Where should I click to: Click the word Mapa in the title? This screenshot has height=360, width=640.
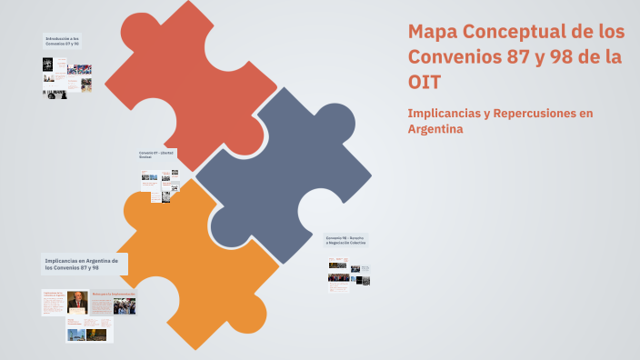pos(432,32)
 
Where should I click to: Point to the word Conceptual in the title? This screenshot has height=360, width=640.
pos(514,32)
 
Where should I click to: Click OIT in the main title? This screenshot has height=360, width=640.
pos(425,82)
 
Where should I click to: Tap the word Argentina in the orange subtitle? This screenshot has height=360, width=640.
pos(436,129)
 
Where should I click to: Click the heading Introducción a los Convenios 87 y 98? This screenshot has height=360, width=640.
pos(63,41)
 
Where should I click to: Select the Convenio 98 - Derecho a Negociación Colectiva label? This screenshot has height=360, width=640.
pos(345,241)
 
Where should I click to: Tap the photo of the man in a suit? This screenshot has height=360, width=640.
pos(77,302)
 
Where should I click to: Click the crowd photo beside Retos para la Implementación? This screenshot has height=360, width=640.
pos(124,306)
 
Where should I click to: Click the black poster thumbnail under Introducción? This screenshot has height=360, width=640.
pos(47,65)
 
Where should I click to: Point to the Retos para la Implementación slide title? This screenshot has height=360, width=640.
pos(113,295)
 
